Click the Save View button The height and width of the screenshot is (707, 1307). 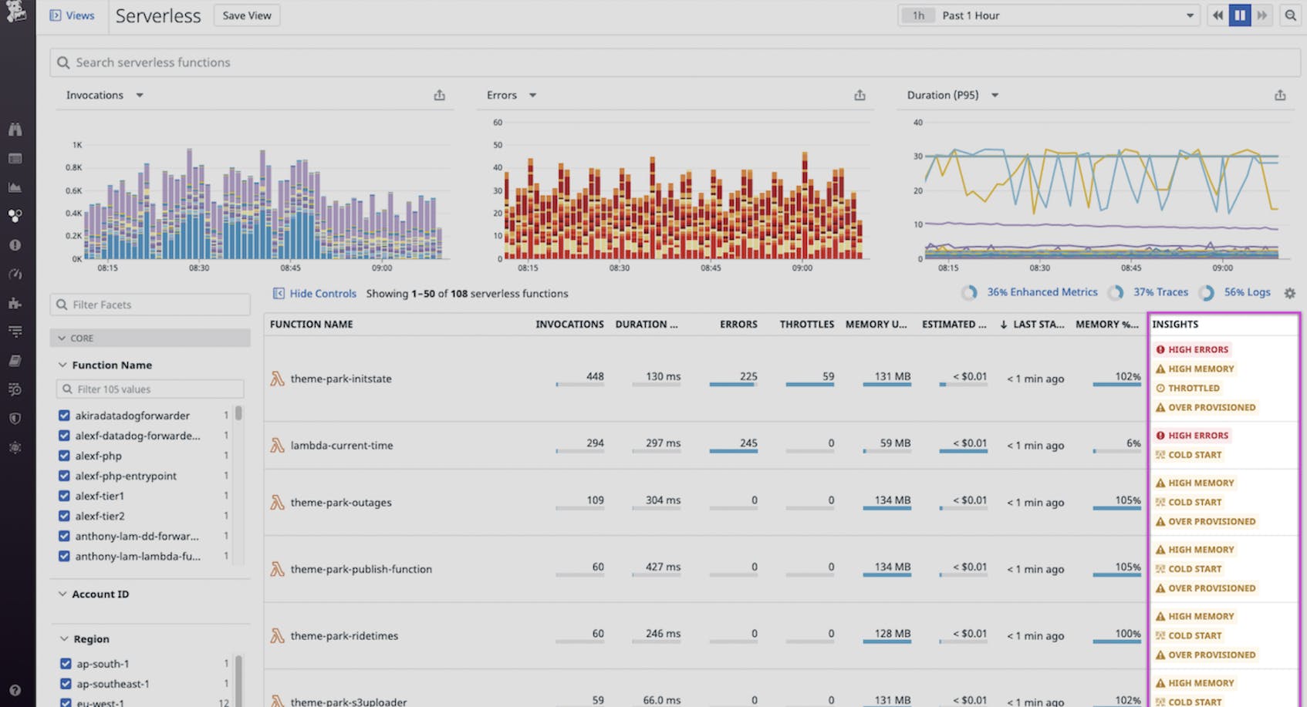point(247,15)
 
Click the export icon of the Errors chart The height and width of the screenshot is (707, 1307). point(860,96)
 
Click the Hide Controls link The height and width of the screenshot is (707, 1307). point(322,294)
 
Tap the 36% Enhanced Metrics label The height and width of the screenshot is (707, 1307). point(1042,292)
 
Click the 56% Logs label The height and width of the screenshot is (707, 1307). point(1246,292)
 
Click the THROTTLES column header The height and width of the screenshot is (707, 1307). point(806,325)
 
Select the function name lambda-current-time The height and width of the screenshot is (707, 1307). point(341,446)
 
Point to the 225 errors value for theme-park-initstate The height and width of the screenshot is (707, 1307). point(748,376)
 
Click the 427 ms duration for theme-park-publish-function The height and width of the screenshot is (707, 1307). point(663,567)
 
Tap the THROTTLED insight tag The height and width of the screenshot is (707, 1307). point(1193,389)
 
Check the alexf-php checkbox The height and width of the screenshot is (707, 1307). point(65,456)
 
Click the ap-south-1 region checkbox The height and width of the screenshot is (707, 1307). point(66,664)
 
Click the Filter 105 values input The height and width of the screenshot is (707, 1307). point(150,389)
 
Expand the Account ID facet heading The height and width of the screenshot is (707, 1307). point(100,594)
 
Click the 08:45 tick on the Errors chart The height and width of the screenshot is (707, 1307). point(711,268)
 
